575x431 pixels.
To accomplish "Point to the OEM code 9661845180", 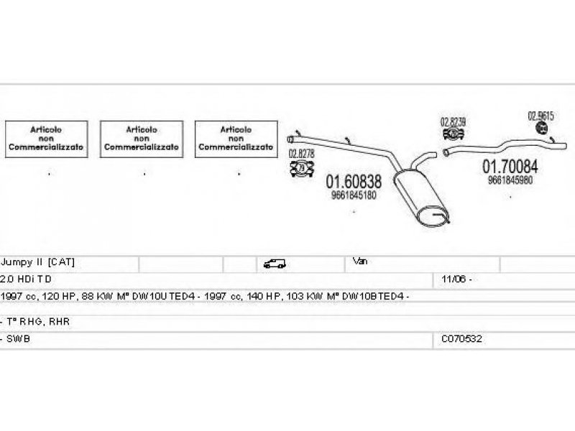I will [354, 195].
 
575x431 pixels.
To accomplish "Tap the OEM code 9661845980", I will [510, 180].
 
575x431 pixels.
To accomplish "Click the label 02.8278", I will [301, 153].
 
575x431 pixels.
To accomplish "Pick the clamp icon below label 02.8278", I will [301, 169].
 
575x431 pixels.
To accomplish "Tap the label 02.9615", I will [540, 115].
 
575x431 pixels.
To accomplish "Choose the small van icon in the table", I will [275, 264].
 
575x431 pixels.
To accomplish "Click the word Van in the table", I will [360, 261].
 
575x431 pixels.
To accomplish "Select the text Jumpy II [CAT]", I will [38, 261].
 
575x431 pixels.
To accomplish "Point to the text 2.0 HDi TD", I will [27, 278].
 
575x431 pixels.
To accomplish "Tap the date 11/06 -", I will [457, 278].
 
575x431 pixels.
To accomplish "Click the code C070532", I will [462, 338].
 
